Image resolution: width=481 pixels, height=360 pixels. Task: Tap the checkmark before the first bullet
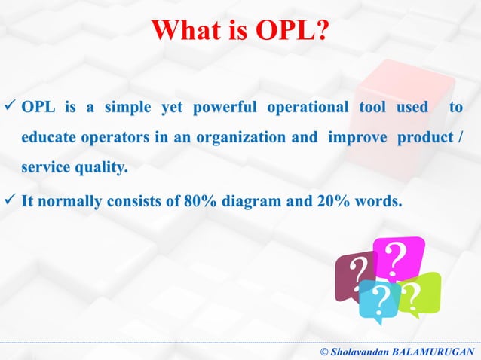pos(11,108)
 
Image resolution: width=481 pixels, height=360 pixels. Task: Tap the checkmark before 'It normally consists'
pos(11,201)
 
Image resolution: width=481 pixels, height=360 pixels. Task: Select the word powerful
pos(223,108)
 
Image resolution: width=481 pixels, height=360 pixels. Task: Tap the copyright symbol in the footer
pos(324,352)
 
